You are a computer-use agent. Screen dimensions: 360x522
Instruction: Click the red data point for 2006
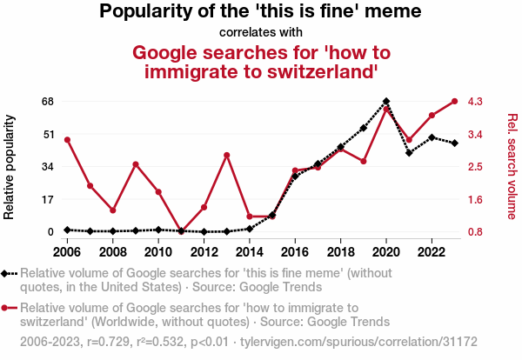pyautogui.click(x=67, y=140)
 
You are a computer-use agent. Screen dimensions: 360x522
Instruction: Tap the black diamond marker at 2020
pyautogui.click(x=386, y=102)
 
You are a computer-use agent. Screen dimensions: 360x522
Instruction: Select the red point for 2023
pyautogui.click(x=455, y=101)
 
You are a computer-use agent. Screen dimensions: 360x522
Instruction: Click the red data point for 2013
pyautogui.click(x=227, y=155)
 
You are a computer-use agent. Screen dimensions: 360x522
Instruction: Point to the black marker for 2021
pyautogui.click(x=409, y=153)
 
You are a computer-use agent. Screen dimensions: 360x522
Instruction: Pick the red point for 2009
pyautogui.click(x=136, y=164)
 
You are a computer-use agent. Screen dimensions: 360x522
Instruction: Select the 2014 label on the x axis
pyautogui.click(x=250, y=252)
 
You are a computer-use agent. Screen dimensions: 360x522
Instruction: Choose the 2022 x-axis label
pyautogui.click(x=432, y=252)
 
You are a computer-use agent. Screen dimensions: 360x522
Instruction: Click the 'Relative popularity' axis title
pyautogui.click(x=10, y=166)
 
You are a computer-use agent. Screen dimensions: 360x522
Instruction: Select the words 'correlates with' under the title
pyautogui.click(x=261, y=33)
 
